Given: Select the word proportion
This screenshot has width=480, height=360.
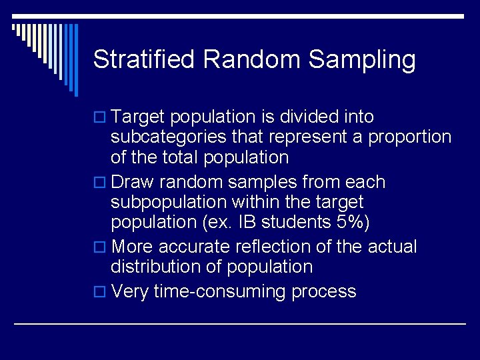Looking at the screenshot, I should click(410, 138).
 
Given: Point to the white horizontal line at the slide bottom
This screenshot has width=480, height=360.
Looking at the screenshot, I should click(240, 324).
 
